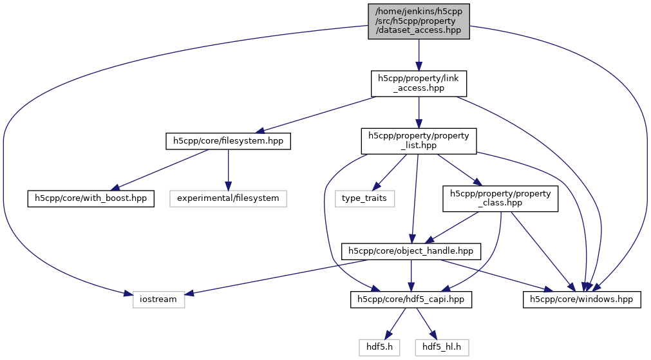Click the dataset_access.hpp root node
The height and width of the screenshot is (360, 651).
click(419, 21)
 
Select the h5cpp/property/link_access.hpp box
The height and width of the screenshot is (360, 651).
click(419, 84)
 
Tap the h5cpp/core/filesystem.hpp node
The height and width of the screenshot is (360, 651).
click(229, 140)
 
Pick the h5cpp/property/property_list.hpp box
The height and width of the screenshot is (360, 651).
click(419, 141)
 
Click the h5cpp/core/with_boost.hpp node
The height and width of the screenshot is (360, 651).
click(91, 198)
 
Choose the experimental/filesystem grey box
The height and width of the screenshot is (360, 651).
click(229, 198)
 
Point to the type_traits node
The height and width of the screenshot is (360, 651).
click(364, 198)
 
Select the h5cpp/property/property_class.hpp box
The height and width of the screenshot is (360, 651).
click(500, 198)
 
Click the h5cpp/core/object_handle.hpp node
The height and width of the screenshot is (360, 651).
click(411, 251)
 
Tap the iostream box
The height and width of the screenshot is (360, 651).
click(159, 299)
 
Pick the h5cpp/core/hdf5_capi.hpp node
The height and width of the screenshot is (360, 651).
click(411, 299)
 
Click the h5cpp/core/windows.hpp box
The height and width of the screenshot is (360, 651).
click(581, 299)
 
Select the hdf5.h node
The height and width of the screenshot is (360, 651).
click(380, 347)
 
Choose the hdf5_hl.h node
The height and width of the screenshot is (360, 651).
click(442, 347)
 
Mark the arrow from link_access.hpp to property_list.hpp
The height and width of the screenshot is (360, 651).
click(419, 112)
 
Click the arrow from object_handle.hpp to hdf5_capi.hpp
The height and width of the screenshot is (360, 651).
click(411, 275)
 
